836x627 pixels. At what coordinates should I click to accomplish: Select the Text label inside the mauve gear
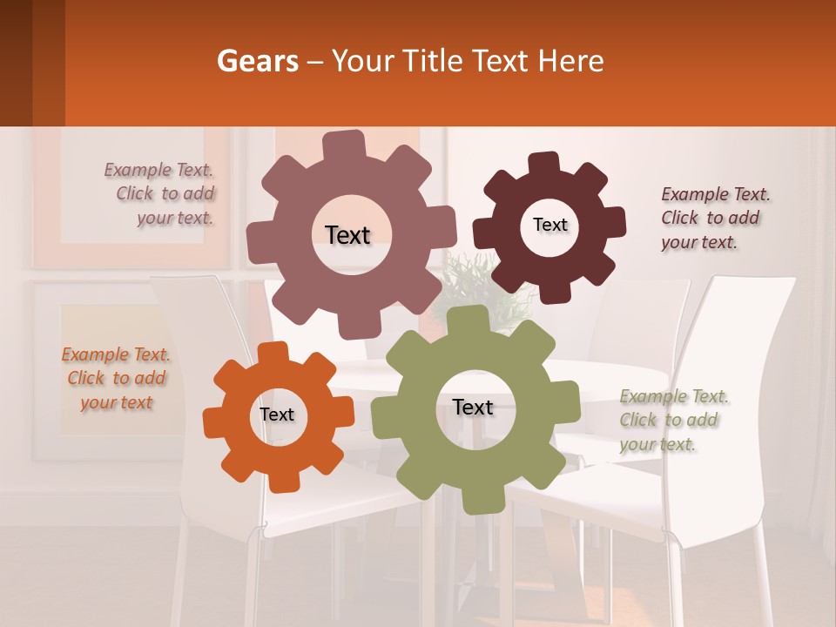[x=347, y=235]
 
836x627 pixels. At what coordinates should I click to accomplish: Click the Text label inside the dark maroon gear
[x=549, y=225]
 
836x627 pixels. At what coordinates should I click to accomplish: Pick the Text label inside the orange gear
[x=277, y=415]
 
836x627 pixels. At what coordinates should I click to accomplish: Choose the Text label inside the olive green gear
[x=473, y=407]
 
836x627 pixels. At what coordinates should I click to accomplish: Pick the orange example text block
[x=117, y=379]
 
